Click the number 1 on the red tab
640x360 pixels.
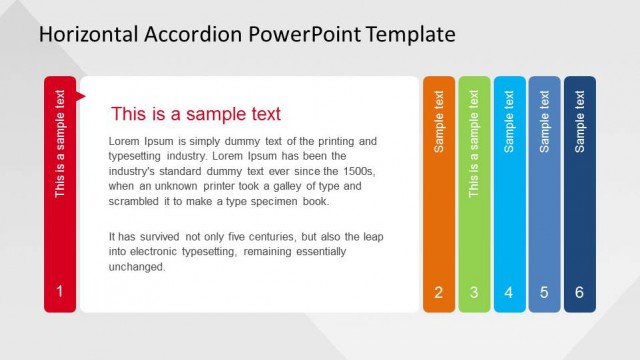[x=60, y=292]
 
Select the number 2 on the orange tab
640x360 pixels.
[x=438, y=293]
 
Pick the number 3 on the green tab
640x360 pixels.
[x=474, y=293]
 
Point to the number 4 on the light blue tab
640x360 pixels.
[x=509, y=293]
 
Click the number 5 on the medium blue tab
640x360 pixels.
[x=544, y=293]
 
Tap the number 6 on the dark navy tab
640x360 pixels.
[x=579, y=293]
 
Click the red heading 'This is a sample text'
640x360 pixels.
[x=196, y=114]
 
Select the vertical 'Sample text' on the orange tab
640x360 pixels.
[x=438, y=121]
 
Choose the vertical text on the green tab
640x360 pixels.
[x=474, y=143]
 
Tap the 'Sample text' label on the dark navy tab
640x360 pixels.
[x=580, y=121]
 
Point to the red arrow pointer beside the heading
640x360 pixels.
[x=81, y=96]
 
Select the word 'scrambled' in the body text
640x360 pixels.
[x=133, y=201]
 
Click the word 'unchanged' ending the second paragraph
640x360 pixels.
[x=137, y=267]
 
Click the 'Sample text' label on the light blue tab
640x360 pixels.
[x=509, y=121]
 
